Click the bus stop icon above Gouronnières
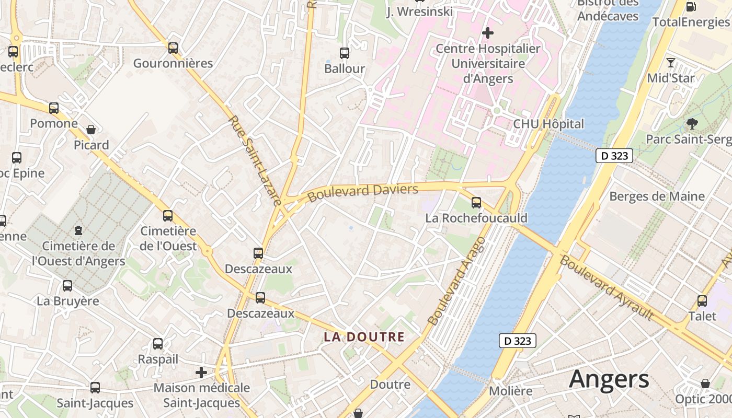click(173, 48)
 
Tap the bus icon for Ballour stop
click(345, 53)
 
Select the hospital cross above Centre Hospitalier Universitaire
click(488, 33)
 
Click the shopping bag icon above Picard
click(91, 129)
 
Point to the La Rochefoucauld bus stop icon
click(476, 202)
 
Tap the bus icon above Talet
click(702, 300)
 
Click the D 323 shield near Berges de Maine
click(614, 156)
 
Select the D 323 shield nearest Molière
click(518, 341)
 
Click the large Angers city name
click(609, 379)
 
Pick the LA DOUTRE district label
click(364, 337)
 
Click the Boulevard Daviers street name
click(363, 192)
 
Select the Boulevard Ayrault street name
click(607, 287)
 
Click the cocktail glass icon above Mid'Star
click(671, 63)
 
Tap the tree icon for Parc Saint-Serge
click(692, 124)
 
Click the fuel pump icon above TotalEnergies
click(691, 6)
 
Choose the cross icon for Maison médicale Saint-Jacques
click(201, 373)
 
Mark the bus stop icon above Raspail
click(158, 344)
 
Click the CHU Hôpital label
click(548, 124)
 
